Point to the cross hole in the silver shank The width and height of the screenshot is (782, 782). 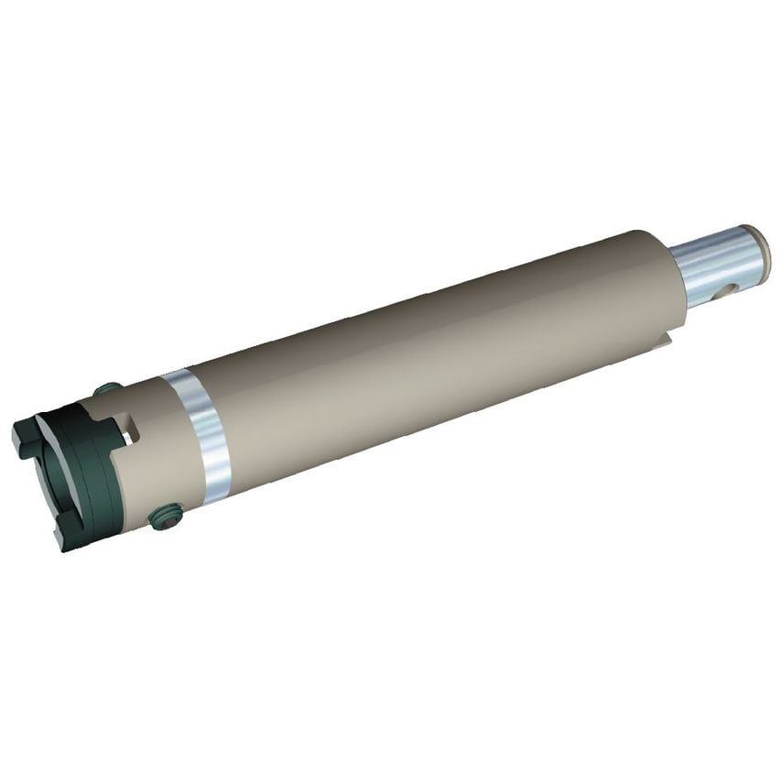727,292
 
